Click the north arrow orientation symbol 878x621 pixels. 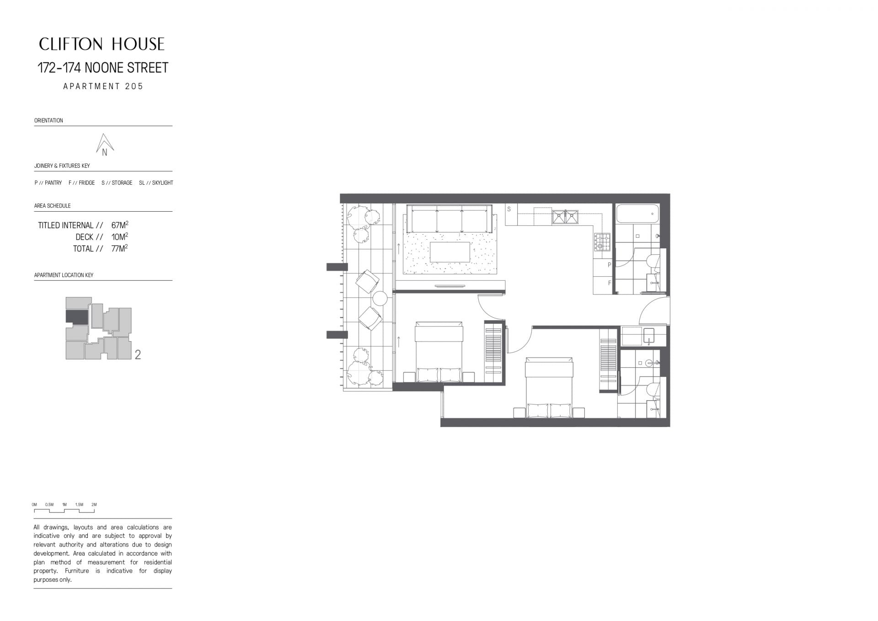point(105,145)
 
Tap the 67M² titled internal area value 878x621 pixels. point(120,225)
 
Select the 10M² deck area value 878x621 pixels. point(120,237)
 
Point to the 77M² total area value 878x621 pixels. point(120,249)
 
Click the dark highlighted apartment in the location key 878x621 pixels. point(77,316)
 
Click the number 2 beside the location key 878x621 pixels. point(138,354)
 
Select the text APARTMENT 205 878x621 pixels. point(103,86)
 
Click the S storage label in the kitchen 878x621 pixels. point(509,209)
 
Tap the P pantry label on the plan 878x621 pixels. point(610,265)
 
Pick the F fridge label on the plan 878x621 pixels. point(610,283)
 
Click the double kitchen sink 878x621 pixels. point(565,216)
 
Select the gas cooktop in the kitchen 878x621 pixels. point(602,242)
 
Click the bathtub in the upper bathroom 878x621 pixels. point(637,214)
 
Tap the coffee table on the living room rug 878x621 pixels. point(450,252)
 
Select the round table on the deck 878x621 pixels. point(380,299)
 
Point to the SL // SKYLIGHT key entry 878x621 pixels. point(156,183)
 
